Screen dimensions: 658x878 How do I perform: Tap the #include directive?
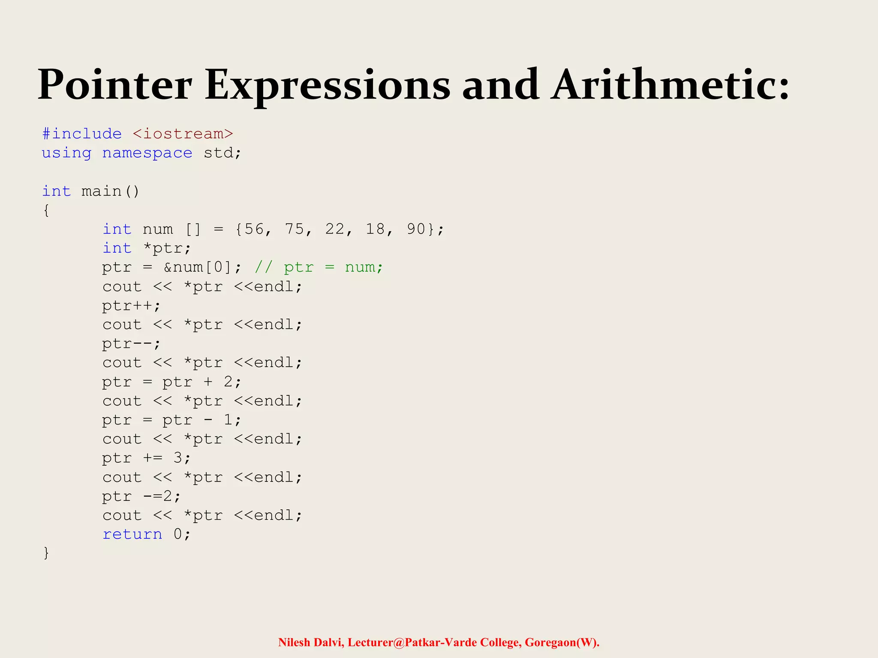click(82, 134)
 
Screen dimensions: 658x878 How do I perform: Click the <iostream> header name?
click(183, 134)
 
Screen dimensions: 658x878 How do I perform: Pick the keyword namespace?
click(147, 153)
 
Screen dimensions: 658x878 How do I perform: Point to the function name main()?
click(110, 191)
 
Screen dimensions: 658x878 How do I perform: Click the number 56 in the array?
click(254, 229)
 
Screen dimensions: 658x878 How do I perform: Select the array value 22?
click(335, 229)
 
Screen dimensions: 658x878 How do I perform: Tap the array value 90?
click(416, 229)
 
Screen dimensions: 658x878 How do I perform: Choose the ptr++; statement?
click(131, 306)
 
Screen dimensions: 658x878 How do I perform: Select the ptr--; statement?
click(131, 344)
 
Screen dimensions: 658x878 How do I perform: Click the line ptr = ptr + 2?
click(171, 382)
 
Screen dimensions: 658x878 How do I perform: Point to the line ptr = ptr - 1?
click(171, 420)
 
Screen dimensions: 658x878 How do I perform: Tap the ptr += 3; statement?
click(146, 458)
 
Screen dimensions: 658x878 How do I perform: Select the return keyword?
click(132, 535)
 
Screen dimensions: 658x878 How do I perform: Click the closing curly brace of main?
click(46, 553)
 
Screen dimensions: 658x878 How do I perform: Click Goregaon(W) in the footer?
click(562, 643)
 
